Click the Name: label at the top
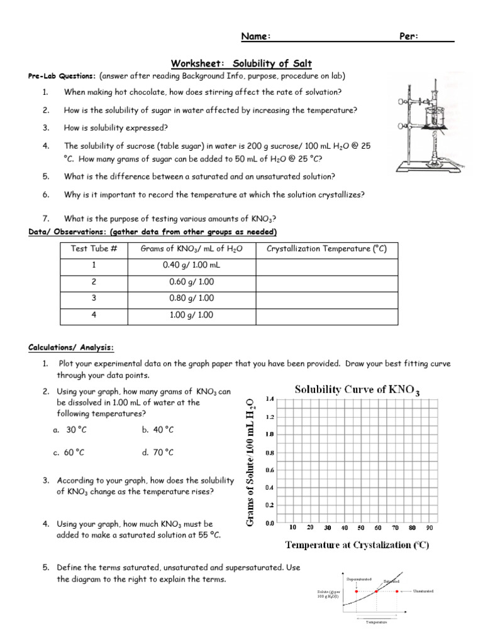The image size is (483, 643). [257, 36]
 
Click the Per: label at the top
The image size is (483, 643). [409, 36]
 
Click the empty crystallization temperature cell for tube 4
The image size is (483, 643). [326, 315]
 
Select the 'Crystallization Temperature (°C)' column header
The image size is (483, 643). [326, 249]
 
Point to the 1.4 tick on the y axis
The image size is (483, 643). [270, 399]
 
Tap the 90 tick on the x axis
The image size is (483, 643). [430, 527]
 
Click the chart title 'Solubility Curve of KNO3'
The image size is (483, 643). [357, 390]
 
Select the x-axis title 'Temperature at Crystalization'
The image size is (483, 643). [357, 545]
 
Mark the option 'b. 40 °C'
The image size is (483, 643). [158, 430]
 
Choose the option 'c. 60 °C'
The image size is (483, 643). [69, 452]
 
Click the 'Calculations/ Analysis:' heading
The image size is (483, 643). [71, 348]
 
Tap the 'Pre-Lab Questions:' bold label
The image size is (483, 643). [62, 76]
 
